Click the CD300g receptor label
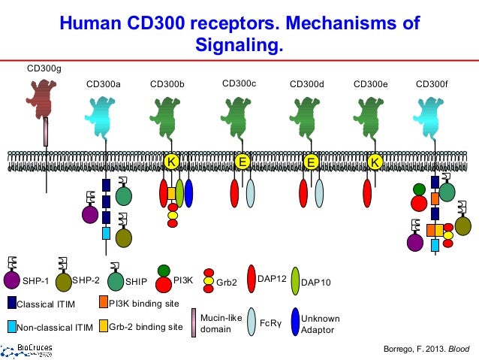pos(44,68)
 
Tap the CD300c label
pos(239,83)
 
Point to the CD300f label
pos(432,83)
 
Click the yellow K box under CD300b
pos(171,162)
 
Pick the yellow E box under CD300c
pos(242,162)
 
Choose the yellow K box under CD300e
pos(373,162)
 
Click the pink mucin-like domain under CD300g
pos(47,132)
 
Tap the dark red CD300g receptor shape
pos(46,98)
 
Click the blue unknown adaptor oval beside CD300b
pos(188,192)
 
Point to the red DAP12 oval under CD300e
pos(367,193)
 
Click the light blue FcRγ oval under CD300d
pos(319,193)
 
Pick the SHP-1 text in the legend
pos(35,282)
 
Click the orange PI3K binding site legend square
pos(103,302)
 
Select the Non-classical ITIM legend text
pos(55,328)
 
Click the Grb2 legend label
pos(227,283)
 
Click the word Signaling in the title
pos(239,47)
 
